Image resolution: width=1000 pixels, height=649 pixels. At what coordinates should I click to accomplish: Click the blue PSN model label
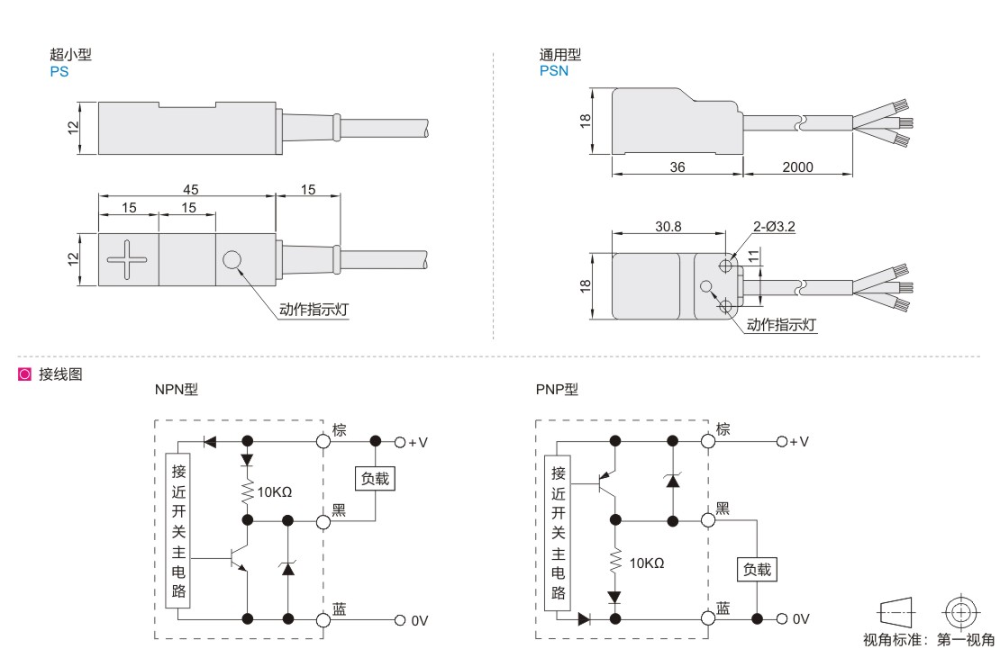tap(554, 71)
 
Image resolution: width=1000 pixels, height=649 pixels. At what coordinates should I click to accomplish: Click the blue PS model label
tap(59, 71)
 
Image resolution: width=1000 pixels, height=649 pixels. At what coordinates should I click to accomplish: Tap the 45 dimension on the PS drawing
tap(190, 189)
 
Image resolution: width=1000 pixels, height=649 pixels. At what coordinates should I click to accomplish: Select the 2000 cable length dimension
tap(798, 167)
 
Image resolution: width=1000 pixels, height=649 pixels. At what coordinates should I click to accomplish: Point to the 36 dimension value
tap(677, 167)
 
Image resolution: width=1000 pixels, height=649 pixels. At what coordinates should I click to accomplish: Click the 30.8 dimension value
tap(668, 227)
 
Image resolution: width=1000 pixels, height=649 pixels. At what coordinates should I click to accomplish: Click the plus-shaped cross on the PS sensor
tap(127, 260)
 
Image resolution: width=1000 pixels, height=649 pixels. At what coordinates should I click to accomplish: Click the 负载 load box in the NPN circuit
tap(376, 479)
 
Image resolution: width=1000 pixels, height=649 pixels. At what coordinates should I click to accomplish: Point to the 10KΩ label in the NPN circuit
tap(275, 492)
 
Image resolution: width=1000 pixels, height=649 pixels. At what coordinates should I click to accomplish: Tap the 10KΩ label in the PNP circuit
tap(647, 563)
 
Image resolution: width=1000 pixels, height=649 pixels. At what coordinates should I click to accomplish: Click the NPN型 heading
tap(176, 390)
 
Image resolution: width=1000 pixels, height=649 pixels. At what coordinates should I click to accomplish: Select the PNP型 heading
tap(557, 390)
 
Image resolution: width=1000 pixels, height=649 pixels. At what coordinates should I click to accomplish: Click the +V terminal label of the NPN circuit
tap(418, 442)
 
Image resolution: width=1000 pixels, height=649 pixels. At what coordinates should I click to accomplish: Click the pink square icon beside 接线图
tap(24, 374)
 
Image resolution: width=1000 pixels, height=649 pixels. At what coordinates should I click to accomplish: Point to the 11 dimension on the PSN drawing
tap(752, 256)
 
